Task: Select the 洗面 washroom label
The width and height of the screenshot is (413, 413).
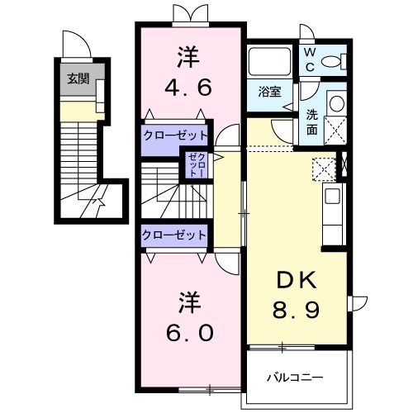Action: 313,122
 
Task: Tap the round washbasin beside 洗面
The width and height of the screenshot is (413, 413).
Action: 336,102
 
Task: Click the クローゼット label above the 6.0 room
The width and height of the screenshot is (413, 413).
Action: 173,235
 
